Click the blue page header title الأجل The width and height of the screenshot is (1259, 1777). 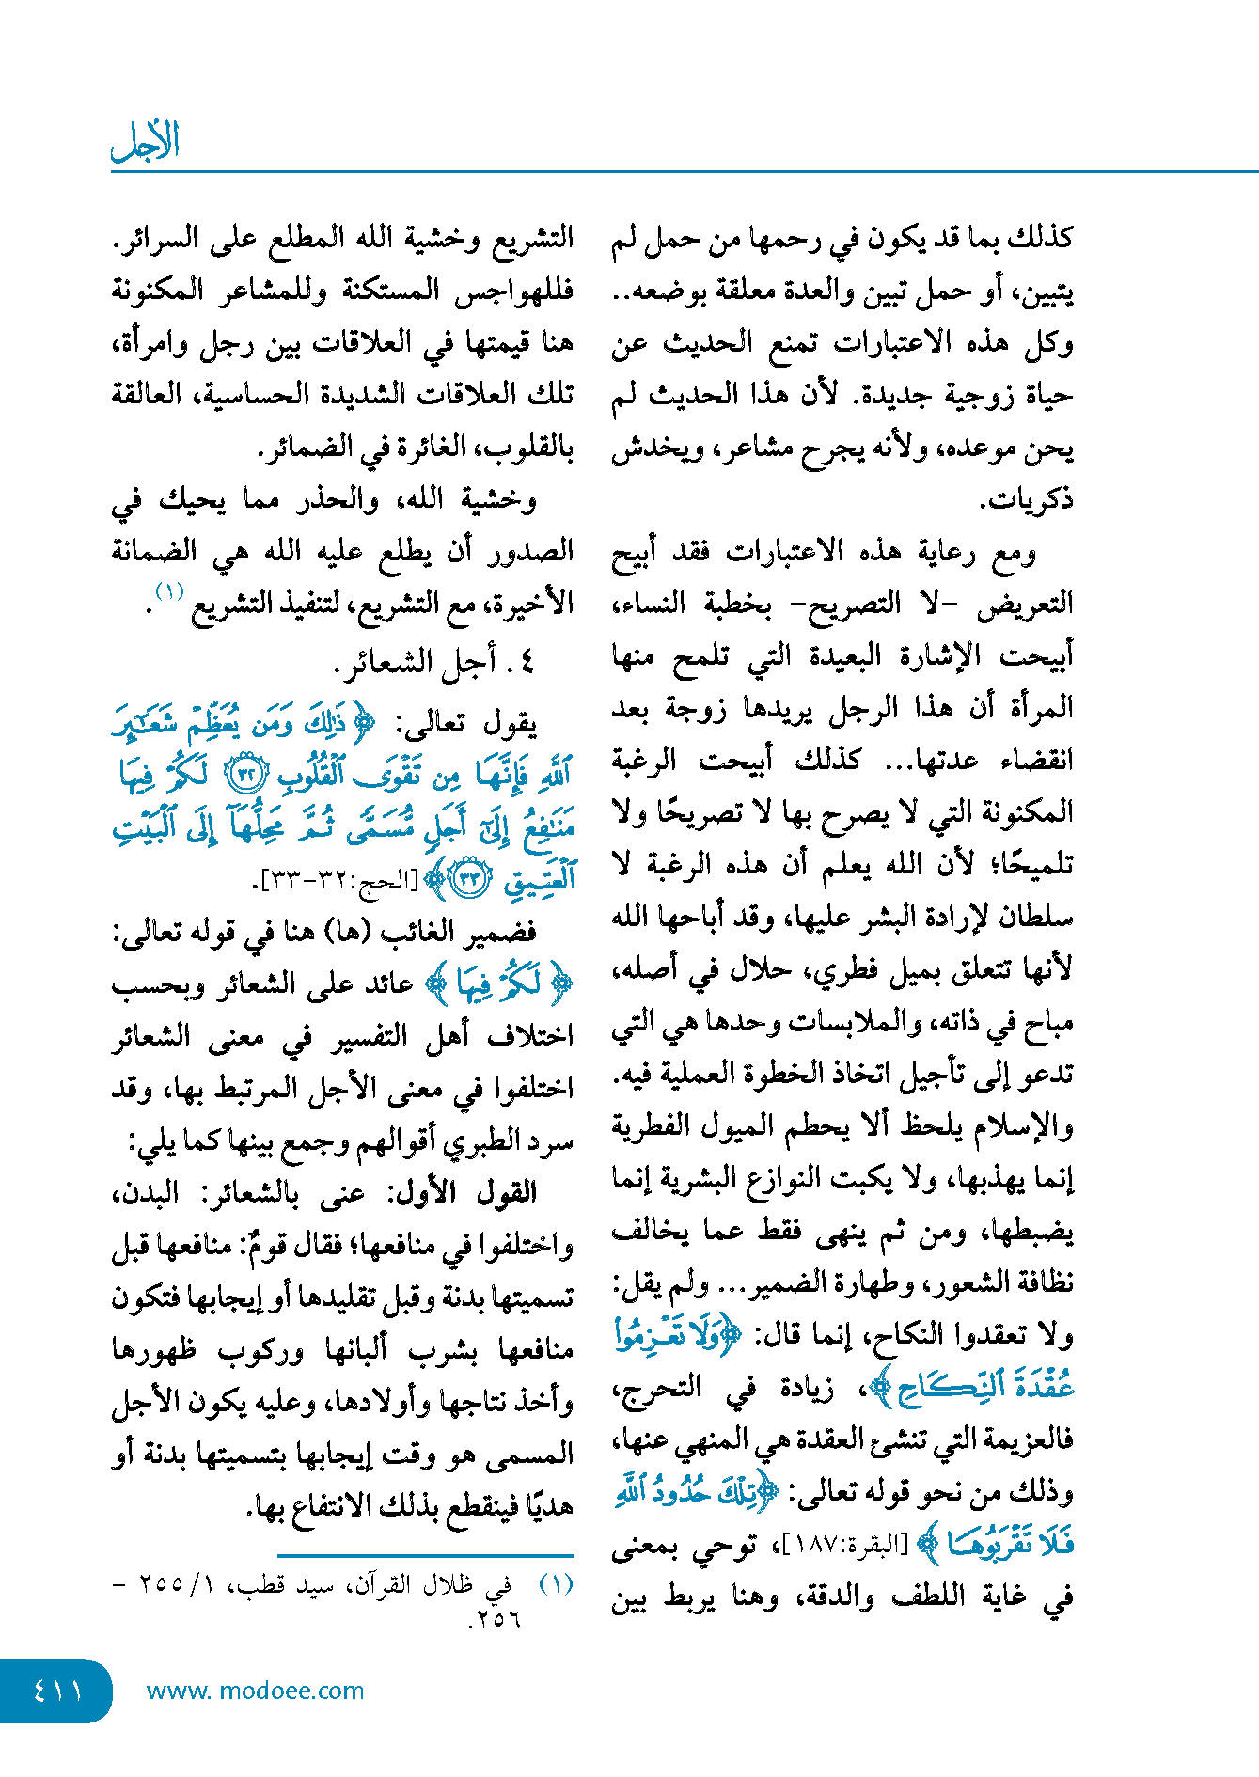pos(145,142)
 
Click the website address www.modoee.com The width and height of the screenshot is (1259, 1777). pos(255,1691)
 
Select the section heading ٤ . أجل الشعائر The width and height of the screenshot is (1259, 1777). pos(433,662)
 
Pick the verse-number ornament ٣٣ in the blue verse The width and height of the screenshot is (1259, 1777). pos(469,879)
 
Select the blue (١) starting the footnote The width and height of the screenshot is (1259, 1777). pos(556,1585)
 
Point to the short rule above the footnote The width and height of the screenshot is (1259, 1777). pos(425,1556)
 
